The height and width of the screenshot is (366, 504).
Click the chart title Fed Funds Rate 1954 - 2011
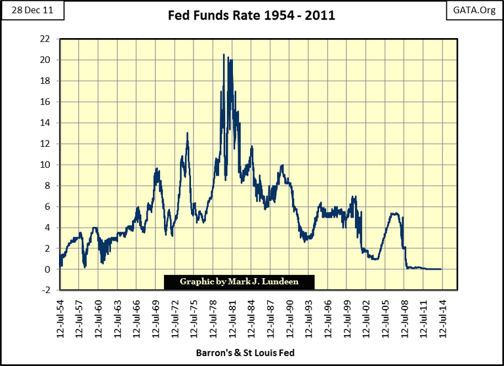(x=251, y=15)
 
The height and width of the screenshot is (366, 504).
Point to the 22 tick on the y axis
(x=45, y=39)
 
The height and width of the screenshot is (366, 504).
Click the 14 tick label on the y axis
(x=45, y=123)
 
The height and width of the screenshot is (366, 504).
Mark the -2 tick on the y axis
(x=45, y=291)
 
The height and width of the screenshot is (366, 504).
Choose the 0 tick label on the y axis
(x=47, y=270)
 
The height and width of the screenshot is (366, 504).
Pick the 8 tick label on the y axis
(x=47, y=186)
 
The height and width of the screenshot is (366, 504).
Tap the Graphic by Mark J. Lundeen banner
(x=239, y=282)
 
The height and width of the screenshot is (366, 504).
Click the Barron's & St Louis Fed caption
(x=251, y=353)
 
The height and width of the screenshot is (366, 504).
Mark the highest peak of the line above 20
(x=224, y=54)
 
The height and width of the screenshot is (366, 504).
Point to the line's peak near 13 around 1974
(x=188, y=133)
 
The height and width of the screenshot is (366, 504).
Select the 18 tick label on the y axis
(x=45, y=81)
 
